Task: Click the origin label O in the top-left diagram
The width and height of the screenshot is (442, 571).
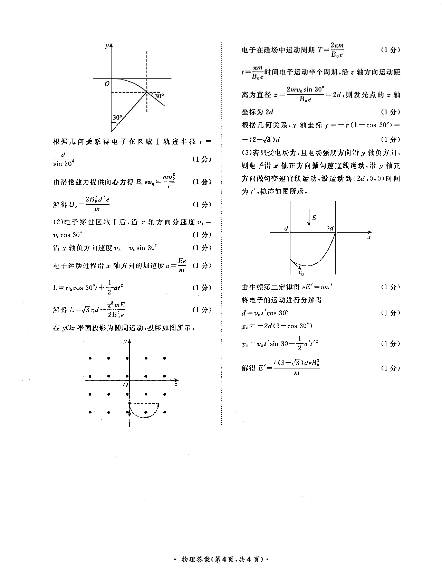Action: tap(107, 83)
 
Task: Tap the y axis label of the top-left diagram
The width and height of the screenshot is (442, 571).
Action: tap(107, 46)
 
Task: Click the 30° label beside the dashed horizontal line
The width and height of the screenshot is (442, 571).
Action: tap(159, 96)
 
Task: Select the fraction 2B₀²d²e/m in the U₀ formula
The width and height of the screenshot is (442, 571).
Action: tap(97, 204)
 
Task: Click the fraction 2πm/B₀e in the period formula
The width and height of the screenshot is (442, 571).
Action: tap(337, 50)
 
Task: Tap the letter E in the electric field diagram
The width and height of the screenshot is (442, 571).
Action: tap(314, 217)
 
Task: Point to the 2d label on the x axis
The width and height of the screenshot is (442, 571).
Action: tap(330, 228)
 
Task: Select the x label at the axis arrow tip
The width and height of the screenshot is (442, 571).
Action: tap(369, 237)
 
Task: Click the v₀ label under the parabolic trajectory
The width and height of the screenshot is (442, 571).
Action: tap(301, 273)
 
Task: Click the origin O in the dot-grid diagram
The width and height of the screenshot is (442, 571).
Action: tap(126, 385)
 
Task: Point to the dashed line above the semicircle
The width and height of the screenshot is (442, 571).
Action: tap(144, 403)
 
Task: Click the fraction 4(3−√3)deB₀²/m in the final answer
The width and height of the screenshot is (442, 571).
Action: tap(296, 367)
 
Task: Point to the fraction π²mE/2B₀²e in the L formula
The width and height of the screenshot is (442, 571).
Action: tap(116, 310)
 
